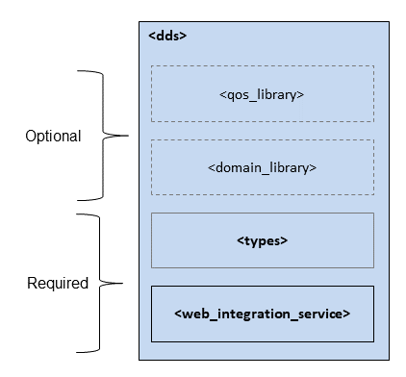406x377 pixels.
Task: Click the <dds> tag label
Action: (x=167, y=36)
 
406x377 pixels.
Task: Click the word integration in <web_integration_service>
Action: (x=251, y=314)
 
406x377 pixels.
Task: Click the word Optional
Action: (x=53, y=137)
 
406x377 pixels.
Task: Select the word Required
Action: (x=57, y=284)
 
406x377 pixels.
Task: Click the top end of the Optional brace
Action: (x=78, y=70)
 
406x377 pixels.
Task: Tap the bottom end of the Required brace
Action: (x=77, y=352)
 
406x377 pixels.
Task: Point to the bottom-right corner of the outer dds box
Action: (x=388, y=360)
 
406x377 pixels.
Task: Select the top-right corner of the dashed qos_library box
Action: (x=373, y=66)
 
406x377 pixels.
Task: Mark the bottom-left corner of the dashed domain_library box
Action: (x=151, y=195)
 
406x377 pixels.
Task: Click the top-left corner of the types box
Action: (x=151, y=214)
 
